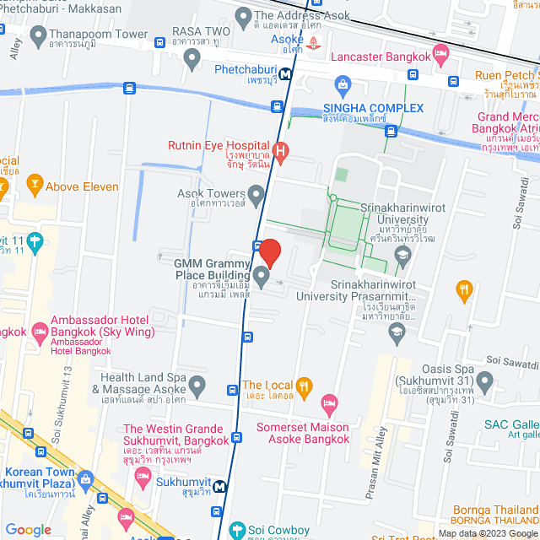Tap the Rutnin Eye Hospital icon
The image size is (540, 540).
point(282,152)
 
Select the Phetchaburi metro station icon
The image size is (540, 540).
point(287,74)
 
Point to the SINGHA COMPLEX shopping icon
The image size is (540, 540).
point(343,84)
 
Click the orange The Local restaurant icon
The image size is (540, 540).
point(305,386)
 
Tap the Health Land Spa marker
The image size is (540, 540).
point(197,386)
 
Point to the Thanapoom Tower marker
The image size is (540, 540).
point(38,35)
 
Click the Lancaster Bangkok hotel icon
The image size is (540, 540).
point(440,56)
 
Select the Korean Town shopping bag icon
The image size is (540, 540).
point(84,481)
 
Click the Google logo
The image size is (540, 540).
point(28,530)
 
